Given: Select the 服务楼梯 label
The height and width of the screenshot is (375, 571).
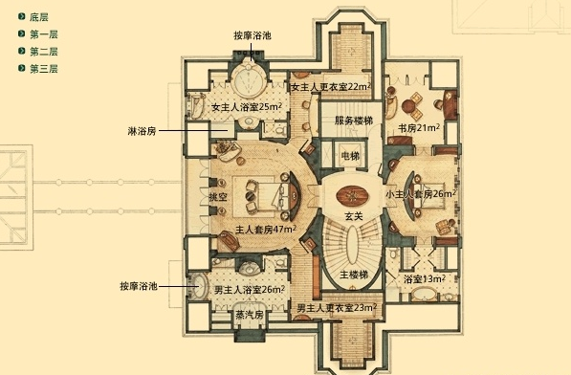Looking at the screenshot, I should pyautogui.click(x=352, y=121).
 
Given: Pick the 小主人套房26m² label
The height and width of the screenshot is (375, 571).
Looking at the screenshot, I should pyautogui.click(x=420, y=194).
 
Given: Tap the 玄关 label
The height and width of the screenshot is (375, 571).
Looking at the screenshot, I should pyautogui.click(x=354, y=216).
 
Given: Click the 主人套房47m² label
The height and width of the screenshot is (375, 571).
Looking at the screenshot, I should pyautogui.click(x=265, y=230).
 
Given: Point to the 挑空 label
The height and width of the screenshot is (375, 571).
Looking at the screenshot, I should pyautogui.click(x=218, y=197).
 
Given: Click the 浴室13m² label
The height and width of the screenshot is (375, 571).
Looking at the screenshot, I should pyautogui.click(x=424, y=279).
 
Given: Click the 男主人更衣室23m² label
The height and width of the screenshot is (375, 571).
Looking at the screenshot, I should pyautogui.click(x=334, y=308).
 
